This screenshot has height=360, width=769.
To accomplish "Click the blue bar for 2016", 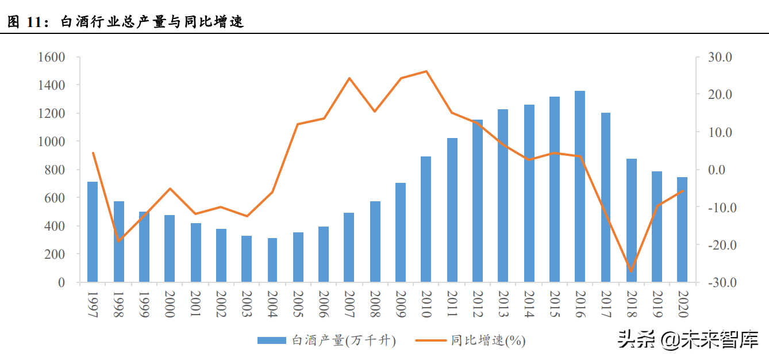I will tap(580, 186).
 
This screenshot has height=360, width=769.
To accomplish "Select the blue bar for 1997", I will tap(93, 232).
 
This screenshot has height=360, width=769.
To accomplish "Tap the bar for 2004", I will tap(272, 260).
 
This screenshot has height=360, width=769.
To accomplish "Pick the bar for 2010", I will tap(426, 219).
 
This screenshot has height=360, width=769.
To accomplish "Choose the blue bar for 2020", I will tap(682, 229).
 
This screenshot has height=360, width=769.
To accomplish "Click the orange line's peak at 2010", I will tap(426, 71).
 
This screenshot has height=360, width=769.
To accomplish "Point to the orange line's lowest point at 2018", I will tap(631, 271).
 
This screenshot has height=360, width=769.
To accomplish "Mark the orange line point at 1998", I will tap(118, 241).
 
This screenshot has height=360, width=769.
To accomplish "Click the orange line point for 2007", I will tap(349, 78).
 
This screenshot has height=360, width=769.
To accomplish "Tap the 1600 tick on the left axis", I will tap(51, 57).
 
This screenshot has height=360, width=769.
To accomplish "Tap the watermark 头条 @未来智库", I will tap(688, 340).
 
